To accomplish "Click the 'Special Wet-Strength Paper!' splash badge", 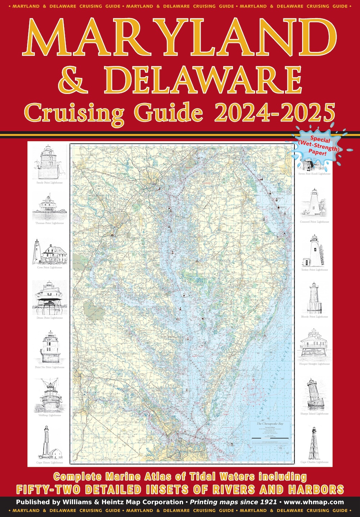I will click(x=318, y=145).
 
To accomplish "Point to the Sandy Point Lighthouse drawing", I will click(x=49, y=162).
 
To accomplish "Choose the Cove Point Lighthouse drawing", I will click(x=50, y=251).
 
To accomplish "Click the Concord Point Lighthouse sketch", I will click(x=314, y=204).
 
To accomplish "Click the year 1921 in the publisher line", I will click(x=268, y=502).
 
